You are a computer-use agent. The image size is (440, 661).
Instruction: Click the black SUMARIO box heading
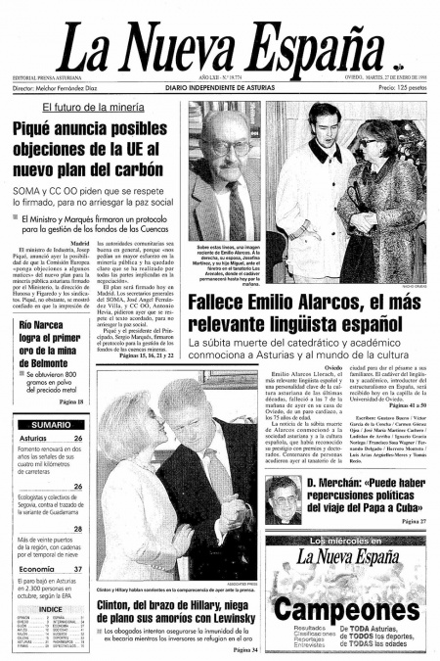tap(49, 424)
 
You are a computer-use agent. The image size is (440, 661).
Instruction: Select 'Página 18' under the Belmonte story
tap(70, 401)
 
